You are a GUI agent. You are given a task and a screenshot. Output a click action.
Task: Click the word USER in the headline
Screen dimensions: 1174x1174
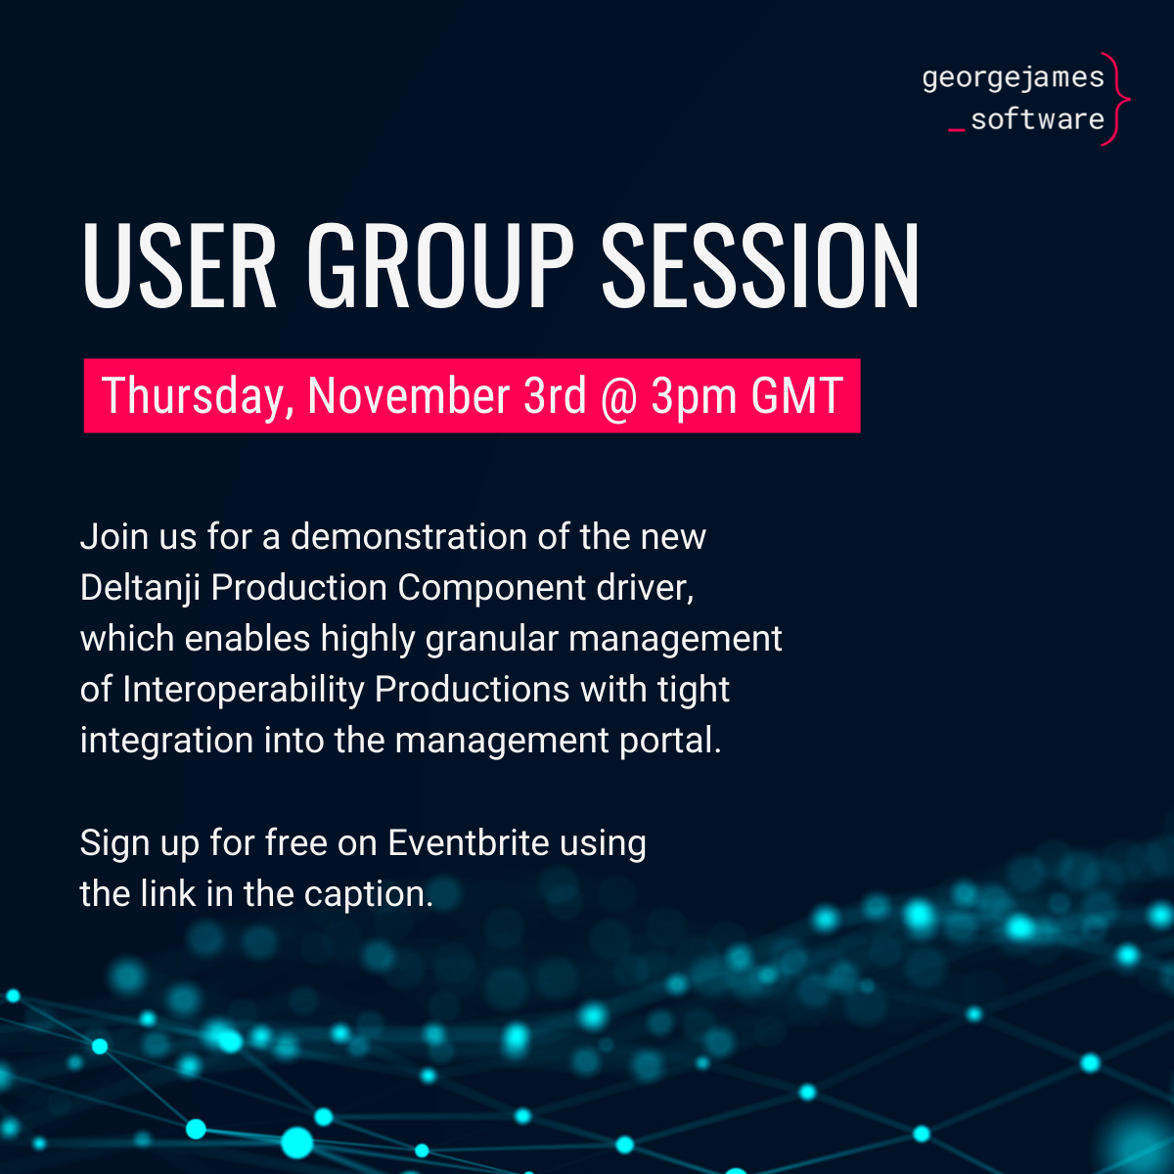pyautogui.click(x=179, y=265)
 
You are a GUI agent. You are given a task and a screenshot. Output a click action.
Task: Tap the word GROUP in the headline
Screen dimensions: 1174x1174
pyautogui.click(x=440, y=265)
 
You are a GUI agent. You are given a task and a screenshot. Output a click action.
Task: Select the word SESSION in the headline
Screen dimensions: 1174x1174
pyautogui.click(x=760, y=265)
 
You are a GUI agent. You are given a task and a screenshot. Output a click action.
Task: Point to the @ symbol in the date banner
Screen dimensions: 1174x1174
pyautogui.click(x=619, y=397)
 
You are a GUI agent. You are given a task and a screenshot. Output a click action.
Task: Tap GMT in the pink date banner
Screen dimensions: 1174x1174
pyautogui.click(x=797, y=396)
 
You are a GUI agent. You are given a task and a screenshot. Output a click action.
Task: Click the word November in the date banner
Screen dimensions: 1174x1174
pyautogui.click(x=409, y=396)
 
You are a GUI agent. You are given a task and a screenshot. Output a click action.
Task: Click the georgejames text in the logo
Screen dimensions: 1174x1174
pyautogui.click(x=1014, y=78)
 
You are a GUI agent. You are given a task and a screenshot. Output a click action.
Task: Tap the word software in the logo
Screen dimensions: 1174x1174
pyautogui.click(x=1038, y=119)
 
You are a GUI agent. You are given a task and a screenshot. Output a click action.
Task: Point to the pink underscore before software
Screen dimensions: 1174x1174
pyautogui.click(x=957, y=130)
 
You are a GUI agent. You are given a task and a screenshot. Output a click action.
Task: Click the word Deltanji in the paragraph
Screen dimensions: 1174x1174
pyautogui.click(x=140, y=589)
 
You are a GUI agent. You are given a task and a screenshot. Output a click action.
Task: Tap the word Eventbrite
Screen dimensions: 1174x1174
pyautogui.click(x=469, y=843)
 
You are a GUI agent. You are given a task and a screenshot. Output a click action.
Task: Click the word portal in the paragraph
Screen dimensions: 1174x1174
pyautogui.click(x=670, y=742)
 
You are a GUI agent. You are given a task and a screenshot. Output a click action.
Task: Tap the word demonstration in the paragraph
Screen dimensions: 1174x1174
pyautogui.click(x=409, y=537)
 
